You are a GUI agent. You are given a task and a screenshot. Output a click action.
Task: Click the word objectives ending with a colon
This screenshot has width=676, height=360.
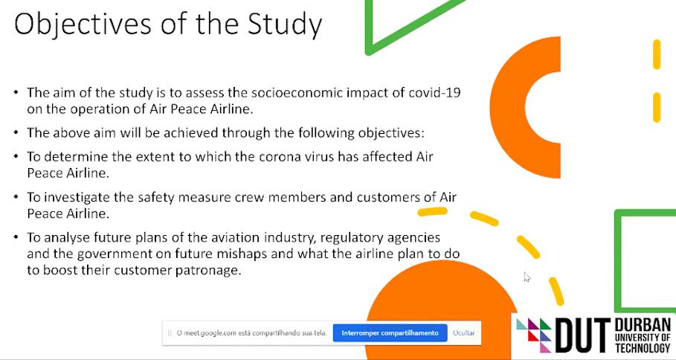point(391,133)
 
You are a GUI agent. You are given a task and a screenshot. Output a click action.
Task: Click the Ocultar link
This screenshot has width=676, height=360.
point(463,332)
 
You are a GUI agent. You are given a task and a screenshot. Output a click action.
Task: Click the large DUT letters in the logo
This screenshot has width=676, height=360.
point(583,335)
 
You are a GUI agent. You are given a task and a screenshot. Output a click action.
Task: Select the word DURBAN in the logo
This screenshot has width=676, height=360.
point(643,325)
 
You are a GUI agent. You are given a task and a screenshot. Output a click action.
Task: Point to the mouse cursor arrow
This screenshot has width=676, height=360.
point(527,277)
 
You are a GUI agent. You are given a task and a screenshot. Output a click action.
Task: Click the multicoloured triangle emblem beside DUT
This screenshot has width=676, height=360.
point(534,335)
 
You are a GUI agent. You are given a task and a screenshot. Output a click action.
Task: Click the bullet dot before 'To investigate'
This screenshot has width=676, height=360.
point(16,197)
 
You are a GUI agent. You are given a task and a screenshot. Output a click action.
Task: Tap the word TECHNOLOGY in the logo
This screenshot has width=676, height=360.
point(643,347)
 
